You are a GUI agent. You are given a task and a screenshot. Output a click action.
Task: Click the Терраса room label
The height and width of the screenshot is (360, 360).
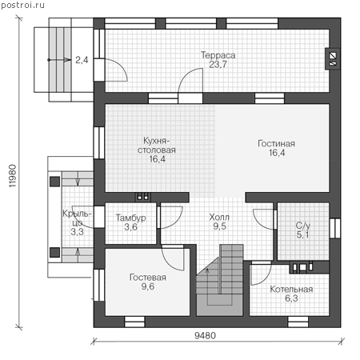218,55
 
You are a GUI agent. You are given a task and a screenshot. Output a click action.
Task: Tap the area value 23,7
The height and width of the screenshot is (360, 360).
218,65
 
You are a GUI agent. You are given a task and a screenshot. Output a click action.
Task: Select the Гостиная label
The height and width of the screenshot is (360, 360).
276,143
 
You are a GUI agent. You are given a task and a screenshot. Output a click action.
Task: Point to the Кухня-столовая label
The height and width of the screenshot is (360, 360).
157,145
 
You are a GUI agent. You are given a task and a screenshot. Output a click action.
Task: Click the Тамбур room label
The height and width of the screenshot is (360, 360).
130,218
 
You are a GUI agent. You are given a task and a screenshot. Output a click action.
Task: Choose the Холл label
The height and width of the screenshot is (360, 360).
219,217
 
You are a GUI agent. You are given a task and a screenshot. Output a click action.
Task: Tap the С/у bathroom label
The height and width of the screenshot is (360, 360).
303,226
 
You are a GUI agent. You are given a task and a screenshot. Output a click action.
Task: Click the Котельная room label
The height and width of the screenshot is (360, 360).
291,289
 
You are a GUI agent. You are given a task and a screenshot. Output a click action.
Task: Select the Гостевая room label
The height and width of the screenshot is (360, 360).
148,278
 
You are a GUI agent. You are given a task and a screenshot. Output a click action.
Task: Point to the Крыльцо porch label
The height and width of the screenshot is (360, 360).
78,218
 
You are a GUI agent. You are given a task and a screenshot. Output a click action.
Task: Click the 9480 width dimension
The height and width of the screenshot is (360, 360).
205,335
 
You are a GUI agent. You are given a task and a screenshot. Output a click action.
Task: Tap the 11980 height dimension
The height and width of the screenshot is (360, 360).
13,176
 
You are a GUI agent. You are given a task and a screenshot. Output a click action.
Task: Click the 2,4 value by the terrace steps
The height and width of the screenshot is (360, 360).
82,60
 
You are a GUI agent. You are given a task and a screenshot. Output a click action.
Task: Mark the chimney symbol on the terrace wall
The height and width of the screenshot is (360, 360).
333,59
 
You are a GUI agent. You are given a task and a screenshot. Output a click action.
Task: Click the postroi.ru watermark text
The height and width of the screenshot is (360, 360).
22,5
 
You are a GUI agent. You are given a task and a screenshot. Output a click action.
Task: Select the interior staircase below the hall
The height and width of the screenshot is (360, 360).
220,280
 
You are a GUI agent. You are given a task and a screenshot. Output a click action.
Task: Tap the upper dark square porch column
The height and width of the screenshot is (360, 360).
54,182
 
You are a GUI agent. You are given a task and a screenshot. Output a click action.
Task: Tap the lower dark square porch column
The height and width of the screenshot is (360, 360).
54,252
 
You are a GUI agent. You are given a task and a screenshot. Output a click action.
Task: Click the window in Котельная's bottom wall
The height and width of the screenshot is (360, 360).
298,322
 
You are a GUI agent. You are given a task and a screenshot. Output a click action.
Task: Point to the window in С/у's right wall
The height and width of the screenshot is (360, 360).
335,228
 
